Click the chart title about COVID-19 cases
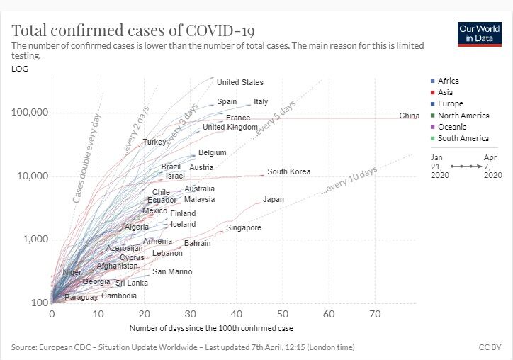[133, 30]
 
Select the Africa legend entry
[448, 81]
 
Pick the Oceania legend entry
[452, 127]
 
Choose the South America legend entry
[463, 138]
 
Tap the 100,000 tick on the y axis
[29, 113]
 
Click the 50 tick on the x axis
[283, 313]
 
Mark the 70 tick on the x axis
[375, 313]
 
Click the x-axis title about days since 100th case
[211, 328]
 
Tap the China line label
[409, 116]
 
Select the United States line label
[239, 83]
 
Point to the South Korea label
[288, 172]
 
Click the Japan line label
[273, 200]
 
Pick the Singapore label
[244, 228]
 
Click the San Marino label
[172, 272]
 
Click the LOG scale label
[20, 69]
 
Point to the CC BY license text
[490, 347]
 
